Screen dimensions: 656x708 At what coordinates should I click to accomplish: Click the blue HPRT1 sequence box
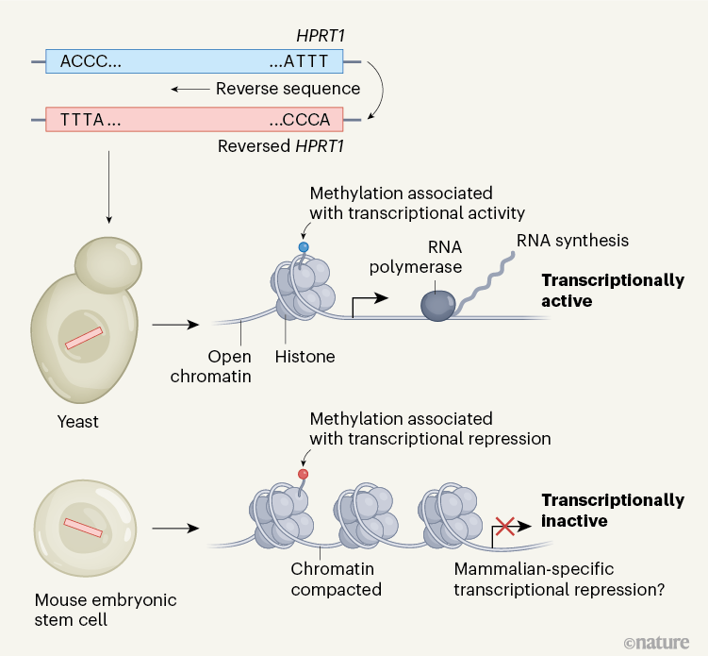tap(193, 62)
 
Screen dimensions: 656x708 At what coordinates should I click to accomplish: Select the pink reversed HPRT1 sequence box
tap(193, 120)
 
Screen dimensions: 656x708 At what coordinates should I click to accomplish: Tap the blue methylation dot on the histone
tap(304, 247)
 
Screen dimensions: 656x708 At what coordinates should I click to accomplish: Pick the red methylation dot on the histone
tap(304, 473)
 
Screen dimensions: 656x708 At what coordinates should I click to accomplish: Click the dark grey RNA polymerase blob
tap(436, 304)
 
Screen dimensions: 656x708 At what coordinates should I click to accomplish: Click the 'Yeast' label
tap(76, 422)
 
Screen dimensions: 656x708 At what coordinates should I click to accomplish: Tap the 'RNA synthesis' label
tap(572, 240)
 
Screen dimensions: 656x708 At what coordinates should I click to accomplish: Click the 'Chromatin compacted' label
tap(337, 580)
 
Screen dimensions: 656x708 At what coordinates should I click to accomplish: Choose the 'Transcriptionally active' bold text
tap(613, 291)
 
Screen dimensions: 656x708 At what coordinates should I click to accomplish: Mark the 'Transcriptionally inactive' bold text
tap(613, 510)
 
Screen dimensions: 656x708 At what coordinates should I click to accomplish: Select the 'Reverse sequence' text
tap(288, 89)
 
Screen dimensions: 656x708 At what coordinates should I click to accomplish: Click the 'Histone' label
tap(305, 357)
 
